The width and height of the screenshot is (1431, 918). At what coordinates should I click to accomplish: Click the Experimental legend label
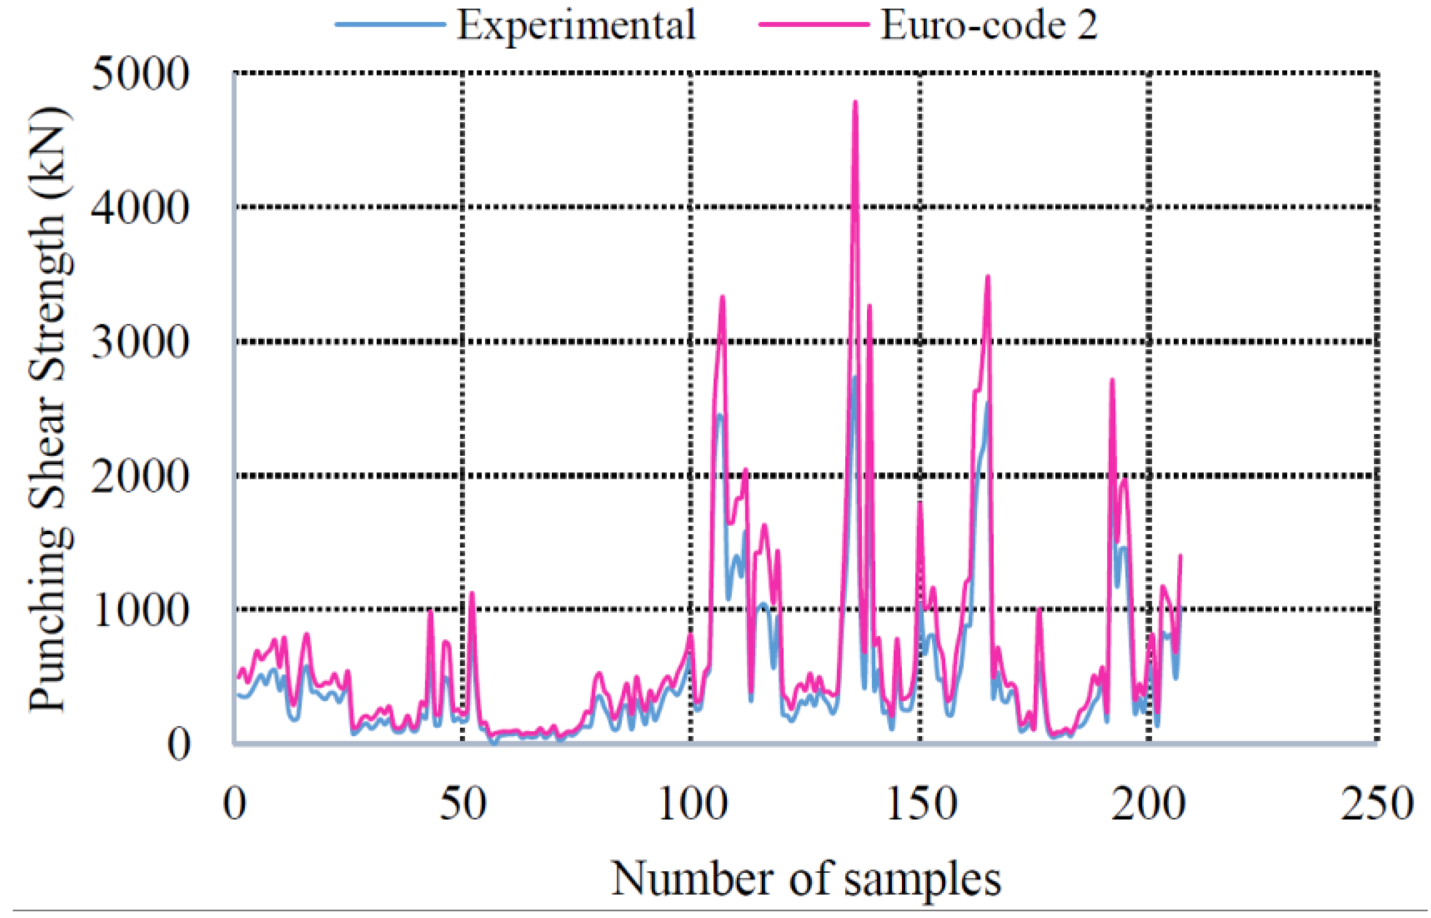576,25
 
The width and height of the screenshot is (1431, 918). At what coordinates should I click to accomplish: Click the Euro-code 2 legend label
989,25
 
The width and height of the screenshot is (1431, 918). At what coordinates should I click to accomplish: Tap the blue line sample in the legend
390,24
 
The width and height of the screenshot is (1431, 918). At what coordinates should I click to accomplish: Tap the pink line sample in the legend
813,24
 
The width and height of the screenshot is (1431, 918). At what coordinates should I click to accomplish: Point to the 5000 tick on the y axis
140,75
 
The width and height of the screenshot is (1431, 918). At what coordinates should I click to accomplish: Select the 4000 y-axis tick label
140,209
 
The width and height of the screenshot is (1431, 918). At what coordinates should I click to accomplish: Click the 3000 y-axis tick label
140,343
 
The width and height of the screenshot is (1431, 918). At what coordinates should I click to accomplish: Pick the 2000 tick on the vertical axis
140,477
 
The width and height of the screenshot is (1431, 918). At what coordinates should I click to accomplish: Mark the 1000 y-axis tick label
140,611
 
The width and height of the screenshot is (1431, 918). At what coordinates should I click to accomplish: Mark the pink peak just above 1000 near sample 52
471,593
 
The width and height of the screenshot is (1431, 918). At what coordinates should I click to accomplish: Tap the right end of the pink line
1180,555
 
